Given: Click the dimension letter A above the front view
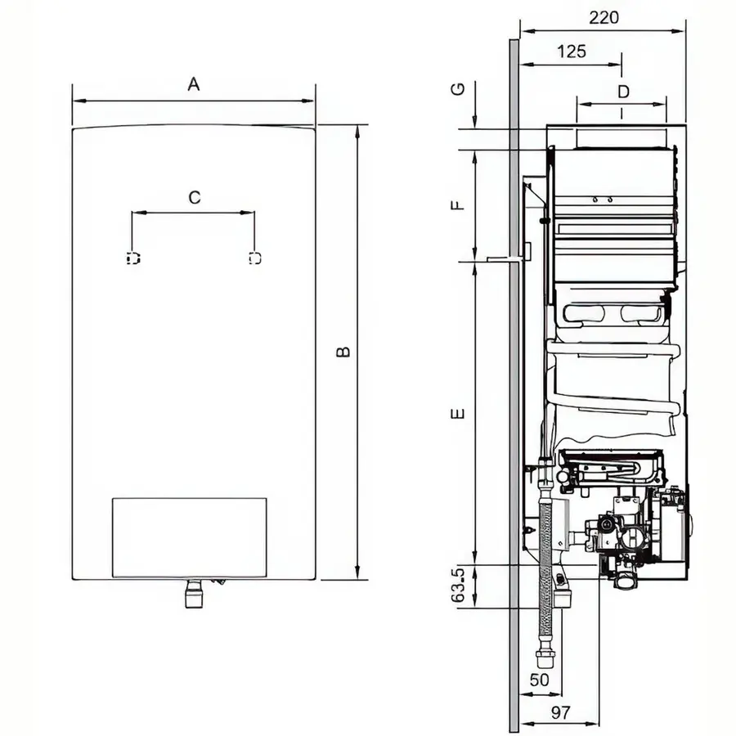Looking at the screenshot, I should [194, 83].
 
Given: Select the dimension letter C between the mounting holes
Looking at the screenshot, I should [194, 197].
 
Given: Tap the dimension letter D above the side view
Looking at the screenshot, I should [623, 92].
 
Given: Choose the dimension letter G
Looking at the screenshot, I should [459, 88].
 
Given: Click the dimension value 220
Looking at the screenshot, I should [604, 17].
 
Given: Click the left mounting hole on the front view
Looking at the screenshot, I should [133, 258].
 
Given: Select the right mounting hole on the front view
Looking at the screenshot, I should [254, 258].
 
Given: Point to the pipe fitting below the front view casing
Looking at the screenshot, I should [194, 595].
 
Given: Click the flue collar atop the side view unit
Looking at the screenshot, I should [623, 137].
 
